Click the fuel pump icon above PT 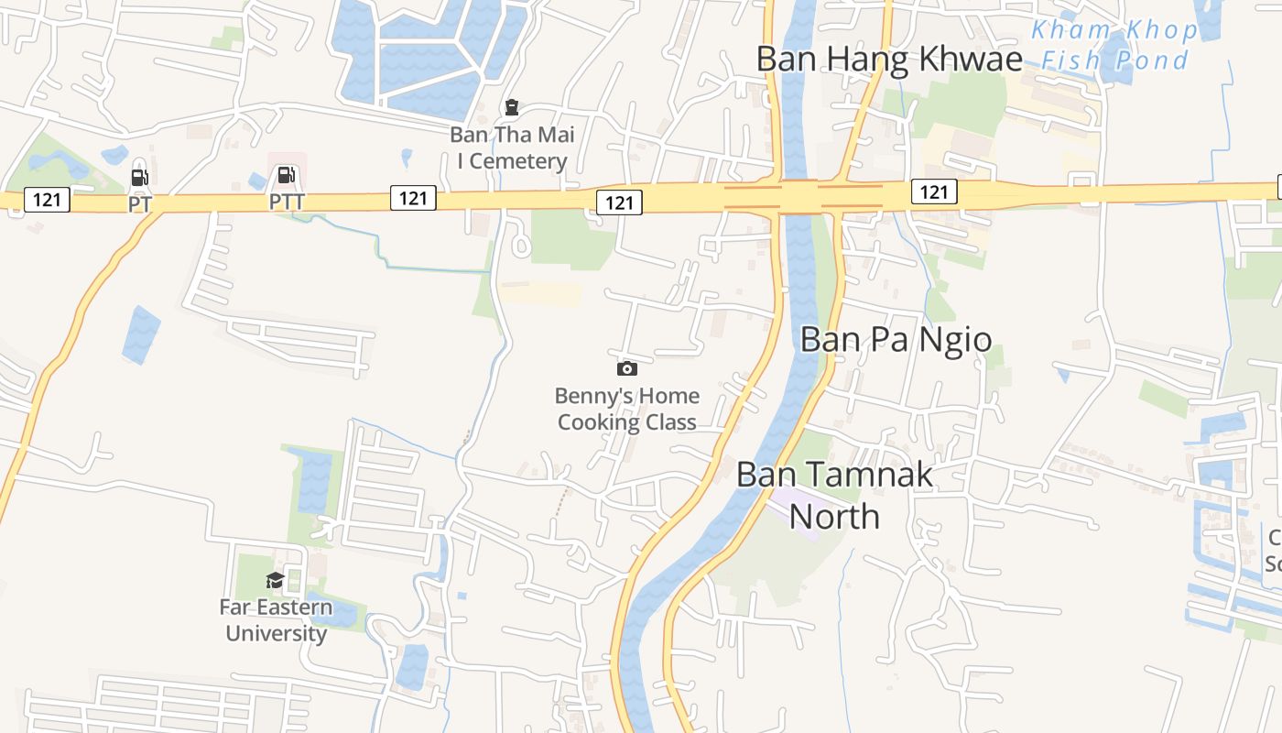(x=139, y=177)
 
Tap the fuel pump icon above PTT (x=286, y=174)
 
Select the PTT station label (x=287, y=202)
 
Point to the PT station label (x=139, y=203)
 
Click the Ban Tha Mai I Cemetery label (x=512, y=148)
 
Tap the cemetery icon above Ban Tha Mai (x=512, y=108)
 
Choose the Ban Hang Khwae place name (x=888, y=60)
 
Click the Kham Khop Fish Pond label (x=1114, y=45)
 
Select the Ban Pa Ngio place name (x=896, y=339)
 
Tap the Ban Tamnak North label (x=834, y=495)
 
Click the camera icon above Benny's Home (x=627, y=368)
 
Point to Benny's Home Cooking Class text (x=627, y=409)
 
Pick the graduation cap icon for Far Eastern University (x=275, y=579)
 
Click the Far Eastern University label (x=276, y=620)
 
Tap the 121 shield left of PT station (x=47, y=199)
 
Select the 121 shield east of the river (x=934, y=191)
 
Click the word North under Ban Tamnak (x=834, y=516)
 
